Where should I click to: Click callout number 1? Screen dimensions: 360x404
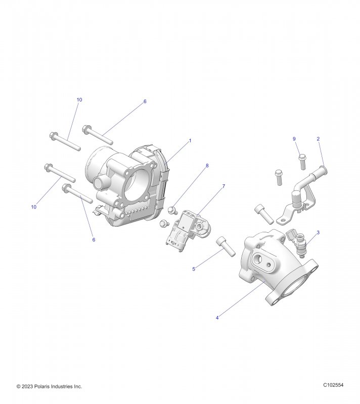190,141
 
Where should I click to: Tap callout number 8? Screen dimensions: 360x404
207,166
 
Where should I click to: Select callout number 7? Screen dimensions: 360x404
223,186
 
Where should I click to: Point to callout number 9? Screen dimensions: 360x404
294,139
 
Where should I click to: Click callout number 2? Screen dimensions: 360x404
318,139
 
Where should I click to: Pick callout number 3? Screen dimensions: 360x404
318,233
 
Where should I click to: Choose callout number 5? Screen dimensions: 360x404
194,269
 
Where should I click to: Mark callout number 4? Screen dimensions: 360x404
217,318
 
